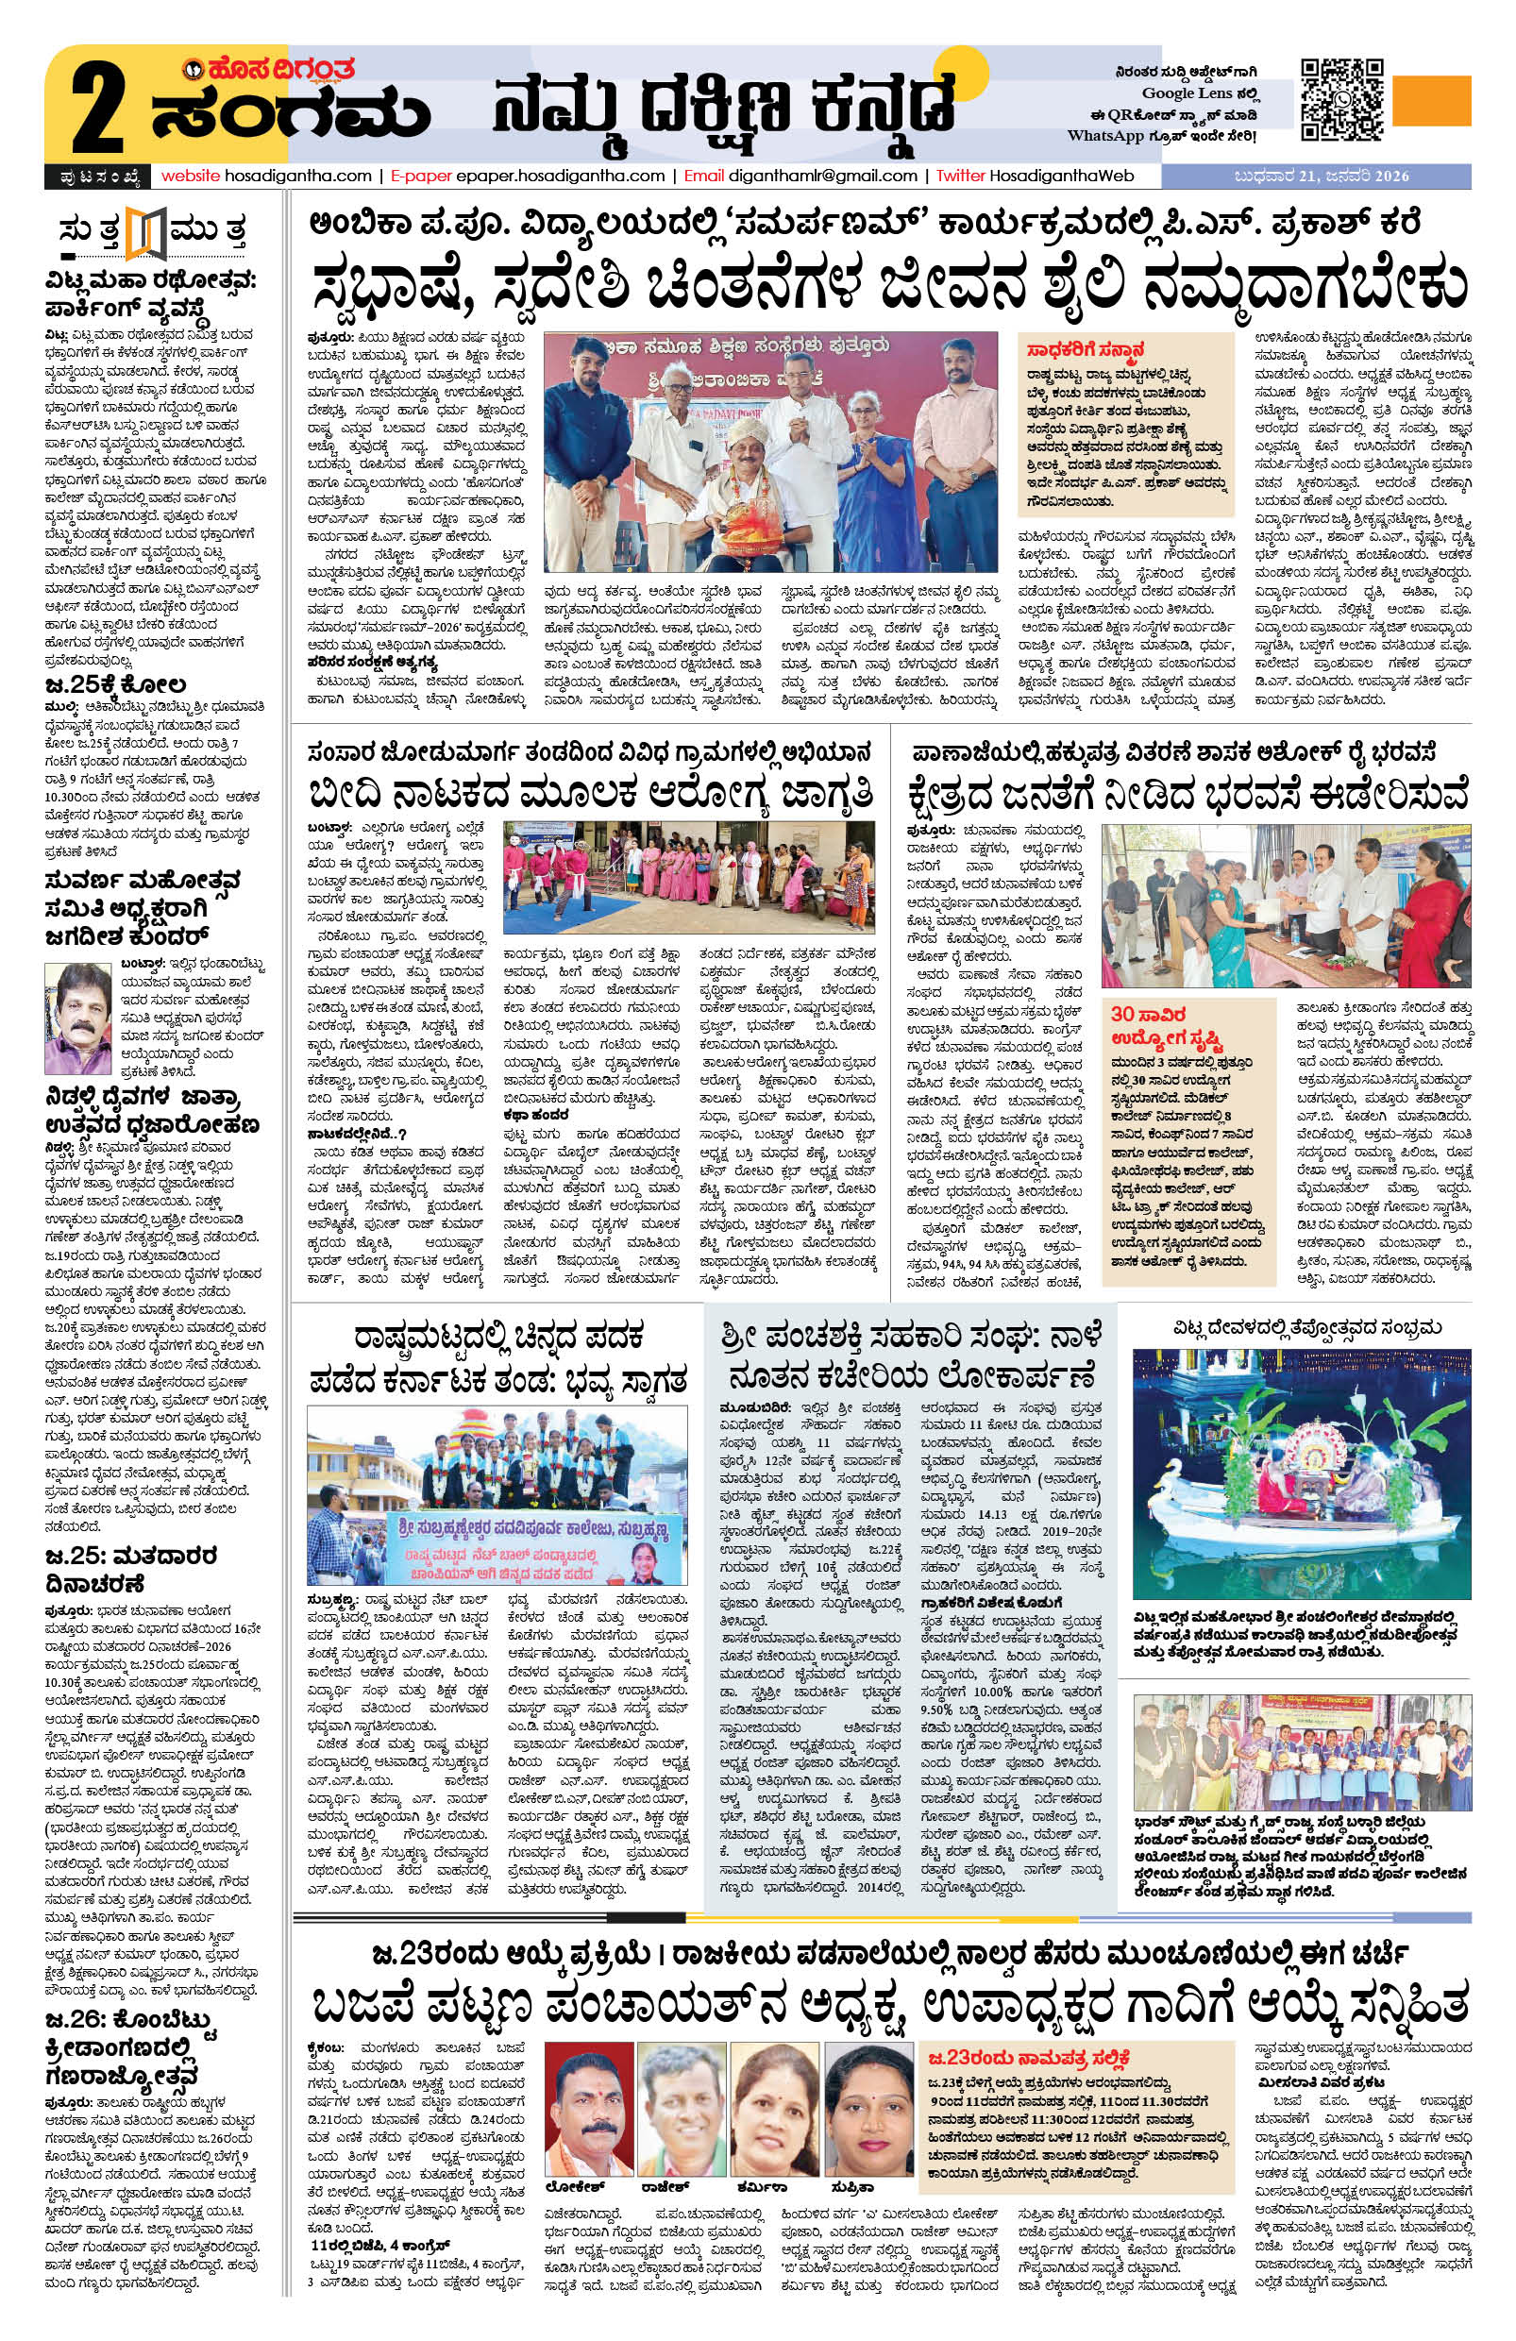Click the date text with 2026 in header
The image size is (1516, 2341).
(1321, 177)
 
